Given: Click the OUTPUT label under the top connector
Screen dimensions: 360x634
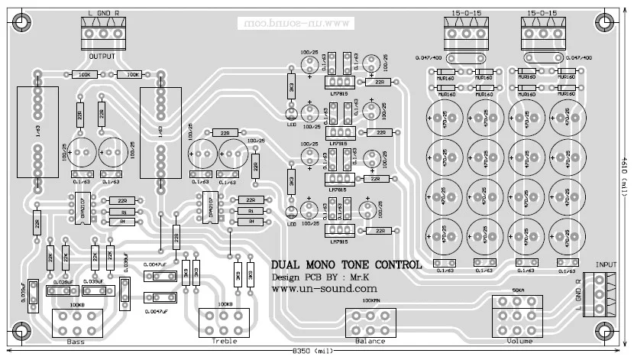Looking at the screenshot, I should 102,57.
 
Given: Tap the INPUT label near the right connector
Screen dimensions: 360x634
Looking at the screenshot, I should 606,262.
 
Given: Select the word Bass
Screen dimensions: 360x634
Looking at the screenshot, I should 76,341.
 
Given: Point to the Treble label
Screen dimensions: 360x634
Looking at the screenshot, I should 225,341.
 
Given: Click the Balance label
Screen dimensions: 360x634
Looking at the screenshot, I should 370,341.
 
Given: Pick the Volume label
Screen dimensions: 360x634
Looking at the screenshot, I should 519,341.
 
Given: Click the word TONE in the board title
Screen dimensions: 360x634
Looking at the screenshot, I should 356,264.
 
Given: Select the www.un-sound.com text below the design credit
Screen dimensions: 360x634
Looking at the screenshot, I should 325,290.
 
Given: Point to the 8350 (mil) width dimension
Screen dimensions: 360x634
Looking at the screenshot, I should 313,353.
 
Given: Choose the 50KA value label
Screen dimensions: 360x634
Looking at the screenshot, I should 519,291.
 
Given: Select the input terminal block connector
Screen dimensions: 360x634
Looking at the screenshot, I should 598,294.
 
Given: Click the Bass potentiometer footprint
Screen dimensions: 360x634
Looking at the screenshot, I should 77,323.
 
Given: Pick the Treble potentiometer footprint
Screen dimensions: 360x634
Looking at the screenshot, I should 225,323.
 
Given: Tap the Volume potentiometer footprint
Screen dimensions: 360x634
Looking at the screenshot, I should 519,313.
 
